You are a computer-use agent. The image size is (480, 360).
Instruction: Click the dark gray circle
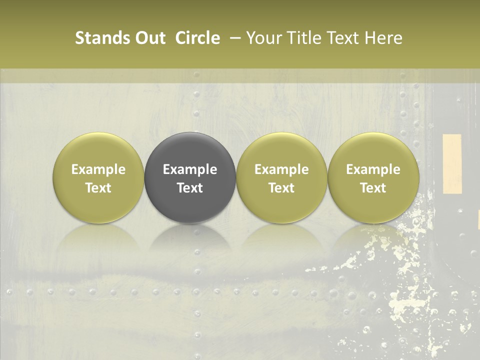pos(190,177)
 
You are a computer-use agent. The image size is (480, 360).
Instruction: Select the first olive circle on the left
pos(98,177)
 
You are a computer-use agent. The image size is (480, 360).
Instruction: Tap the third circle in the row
pos(281,177)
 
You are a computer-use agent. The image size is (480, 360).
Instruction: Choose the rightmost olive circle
pos(373,177)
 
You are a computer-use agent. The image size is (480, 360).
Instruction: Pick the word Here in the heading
pos(384,38)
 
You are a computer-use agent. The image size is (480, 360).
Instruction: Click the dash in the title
pos(233,38)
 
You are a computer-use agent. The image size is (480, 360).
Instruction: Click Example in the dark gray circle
pos(190,169)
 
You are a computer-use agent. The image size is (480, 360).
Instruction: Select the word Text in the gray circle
pos(190,188)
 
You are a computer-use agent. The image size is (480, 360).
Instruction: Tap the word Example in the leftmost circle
pos(98,169)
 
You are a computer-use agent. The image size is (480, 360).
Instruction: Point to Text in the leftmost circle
pos(98,188)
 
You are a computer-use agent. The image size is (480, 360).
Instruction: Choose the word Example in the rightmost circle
pos(373,169)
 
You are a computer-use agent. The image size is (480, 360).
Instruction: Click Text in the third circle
pos(281,188)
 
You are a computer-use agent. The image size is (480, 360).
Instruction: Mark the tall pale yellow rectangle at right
pos(452,163)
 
